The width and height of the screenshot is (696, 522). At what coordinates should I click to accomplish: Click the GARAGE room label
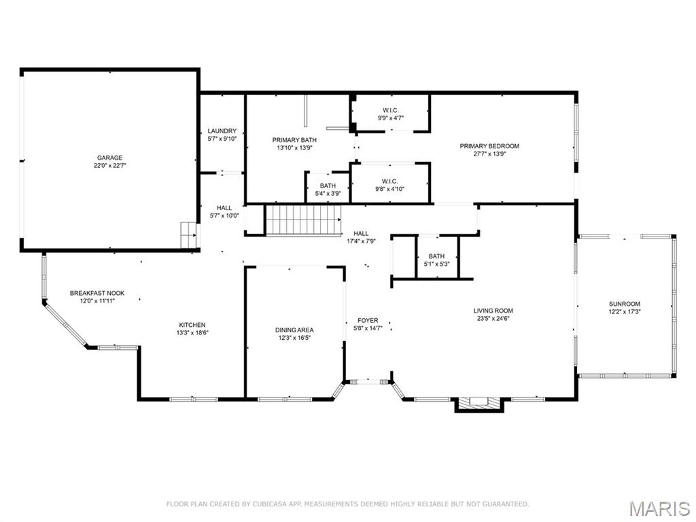(x=109, y=158)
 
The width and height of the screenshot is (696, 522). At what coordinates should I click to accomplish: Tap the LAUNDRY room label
(x=222, y=131)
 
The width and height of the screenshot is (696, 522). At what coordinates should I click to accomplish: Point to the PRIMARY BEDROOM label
(x=489, y=146)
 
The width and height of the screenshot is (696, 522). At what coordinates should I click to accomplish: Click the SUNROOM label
(x=625, y=304)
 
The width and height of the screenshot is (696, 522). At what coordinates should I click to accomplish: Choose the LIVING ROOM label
(x=493, y=311)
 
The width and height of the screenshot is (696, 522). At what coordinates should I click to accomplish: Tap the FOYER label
(x=368, y=320)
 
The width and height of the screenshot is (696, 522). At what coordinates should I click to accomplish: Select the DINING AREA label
(x=294, y=330)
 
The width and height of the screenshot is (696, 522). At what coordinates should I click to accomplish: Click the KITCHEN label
(x=192, y=325)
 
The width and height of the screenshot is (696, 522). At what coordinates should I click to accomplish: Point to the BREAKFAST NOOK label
(x=97, y=293)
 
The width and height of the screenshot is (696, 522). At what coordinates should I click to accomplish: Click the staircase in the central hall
(x=302, y=220)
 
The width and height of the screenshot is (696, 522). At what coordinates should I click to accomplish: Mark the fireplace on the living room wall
(x=478, y=404)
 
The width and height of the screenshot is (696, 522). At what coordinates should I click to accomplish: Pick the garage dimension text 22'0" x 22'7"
(x=109, y=165)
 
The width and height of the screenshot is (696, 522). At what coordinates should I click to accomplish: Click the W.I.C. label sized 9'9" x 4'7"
(x=390, y=110)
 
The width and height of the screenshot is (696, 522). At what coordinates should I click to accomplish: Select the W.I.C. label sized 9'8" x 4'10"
(x=390, y=181)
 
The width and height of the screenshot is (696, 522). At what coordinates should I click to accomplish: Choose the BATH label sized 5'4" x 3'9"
(x=328, y=186)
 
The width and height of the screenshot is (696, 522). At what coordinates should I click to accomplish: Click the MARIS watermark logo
(x=659, y=508)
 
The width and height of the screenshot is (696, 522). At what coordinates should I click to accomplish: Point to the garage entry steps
(x=188, y=234)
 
